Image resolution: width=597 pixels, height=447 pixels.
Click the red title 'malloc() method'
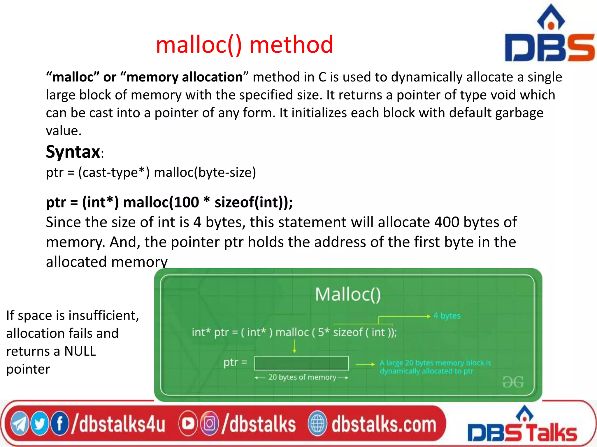244,45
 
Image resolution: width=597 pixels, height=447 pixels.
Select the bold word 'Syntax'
73,152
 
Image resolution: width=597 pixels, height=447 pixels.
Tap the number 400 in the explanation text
447,222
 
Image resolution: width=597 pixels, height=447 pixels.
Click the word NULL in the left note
80,351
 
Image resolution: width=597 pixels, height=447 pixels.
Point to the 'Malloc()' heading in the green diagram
348,295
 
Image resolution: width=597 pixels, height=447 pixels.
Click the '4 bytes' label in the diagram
447,316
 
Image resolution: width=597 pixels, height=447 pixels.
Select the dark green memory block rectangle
301,363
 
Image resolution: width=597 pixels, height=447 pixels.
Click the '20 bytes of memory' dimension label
302,377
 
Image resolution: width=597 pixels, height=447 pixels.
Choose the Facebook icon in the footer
59,424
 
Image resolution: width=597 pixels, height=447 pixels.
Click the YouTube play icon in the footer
188,424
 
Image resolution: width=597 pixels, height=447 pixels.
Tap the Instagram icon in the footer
209,424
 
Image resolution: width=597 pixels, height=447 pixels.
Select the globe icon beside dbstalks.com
317,424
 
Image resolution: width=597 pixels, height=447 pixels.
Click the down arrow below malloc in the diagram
294,346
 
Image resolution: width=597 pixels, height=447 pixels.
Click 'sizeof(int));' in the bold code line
254,202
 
